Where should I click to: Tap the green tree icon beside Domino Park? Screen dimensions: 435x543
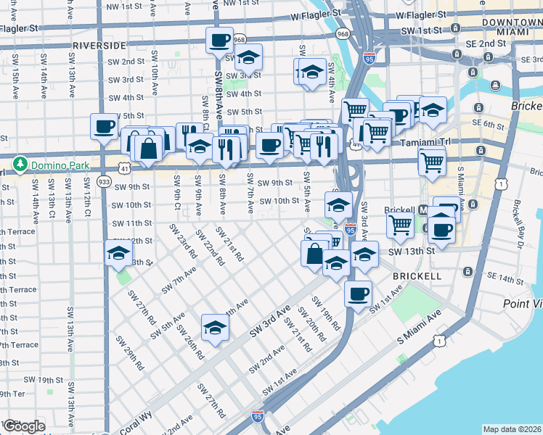click(23, 165)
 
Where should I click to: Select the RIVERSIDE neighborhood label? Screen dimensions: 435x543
click(99, 45)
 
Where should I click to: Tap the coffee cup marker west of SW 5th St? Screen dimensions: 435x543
click(104, 126)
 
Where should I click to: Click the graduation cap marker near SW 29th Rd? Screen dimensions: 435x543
click(215, 327)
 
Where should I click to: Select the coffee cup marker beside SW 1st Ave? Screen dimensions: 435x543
click(358, 294)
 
